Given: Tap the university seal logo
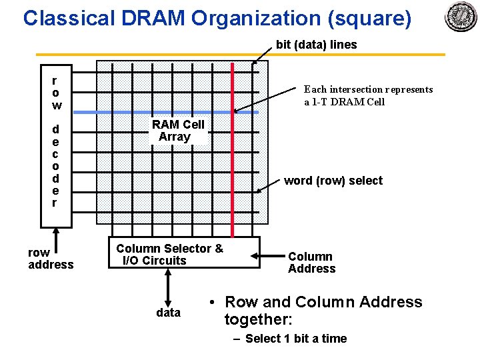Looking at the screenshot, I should coord(461,17).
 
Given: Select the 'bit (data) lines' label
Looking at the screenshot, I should coord(316,45).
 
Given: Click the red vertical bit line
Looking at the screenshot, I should coord(232,167).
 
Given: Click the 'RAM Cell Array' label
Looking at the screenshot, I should coord(177,131).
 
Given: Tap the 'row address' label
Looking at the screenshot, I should coord(51,259).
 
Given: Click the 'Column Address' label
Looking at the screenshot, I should coord(311,263).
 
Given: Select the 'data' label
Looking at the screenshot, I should coord(168,313).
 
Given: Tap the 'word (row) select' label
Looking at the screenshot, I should coord(333,181).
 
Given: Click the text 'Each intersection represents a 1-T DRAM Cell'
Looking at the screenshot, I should coord(368,95).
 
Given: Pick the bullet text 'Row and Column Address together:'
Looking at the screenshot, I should coord(323,311).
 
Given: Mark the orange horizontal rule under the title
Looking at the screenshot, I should coord(240,55).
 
